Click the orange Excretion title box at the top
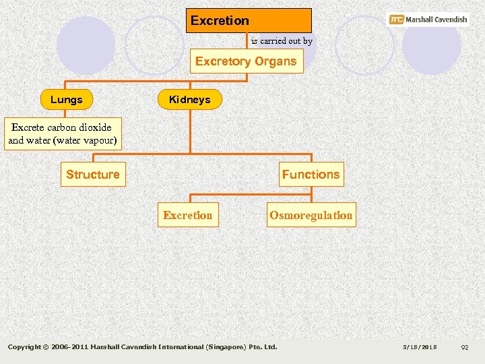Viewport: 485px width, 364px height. click(x=249, y=20)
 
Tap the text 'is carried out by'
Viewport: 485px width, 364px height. click(x=282, y=41)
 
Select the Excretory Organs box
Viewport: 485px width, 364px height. click(x=246, y=61)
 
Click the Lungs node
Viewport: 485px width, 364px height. click(x=67, y=100)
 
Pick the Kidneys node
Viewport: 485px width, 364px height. click(x=189, y=100)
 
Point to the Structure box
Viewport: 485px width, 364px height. click(x=93, y=175)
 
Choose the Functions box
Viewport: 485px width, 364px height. click(x=311, y=175)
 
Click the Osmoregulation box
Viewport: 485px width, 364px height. click(x=311, y=216)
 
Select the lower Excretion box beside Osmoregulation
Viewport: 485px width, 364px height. click(x=187, y=216)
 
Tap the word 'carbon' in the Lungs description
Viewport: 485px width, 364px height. click(x=63, y=127)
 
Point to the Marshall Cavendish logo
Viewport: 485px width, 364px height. click(x=428, y=20)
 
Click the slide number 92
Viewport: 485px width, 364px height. click(x=464, y=347)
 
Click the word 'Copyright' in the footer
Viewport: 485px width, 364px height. click(x=27, y=347)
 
